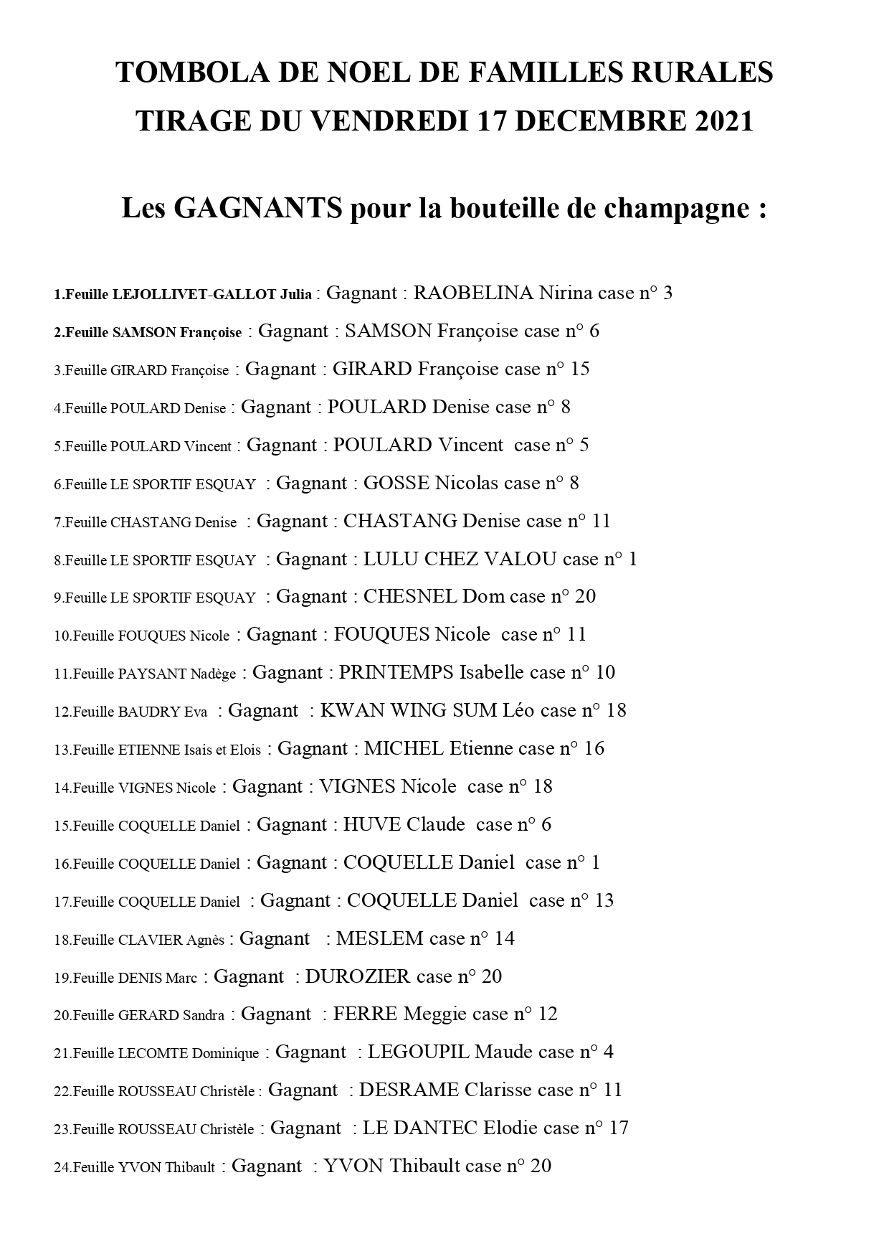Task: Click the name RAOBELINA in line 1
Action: pyautogui.click(x=473, y=293)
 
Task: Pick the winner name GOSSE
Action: pyautogui.click(x=396, y=483)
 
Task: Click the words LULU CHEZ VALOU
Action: pyautogui.click(x=460, y=559)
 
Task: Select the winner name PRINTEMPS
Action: pyautogui.click(x=396, y=673)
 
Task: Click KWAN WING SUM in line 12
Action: pyautogui.click(x=409, y=711)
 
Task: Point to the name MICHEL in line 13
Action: pyautogui.click(x=404, y=749)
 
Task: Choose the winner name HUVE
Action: pyautogui.click(x=371, y=825)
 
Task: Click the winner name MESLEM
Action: pyautogui.click(x=379, y=938)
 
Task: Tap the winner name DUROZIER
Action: pyautogui.click(x=358, y=976)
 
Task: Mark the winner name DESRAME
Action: pyautogui.click(x=409, y=1090)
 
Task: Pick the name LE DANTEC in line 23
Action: pyautogui.click(x=419, y=1128)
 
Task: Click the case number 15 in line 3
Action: pyautogui.click(x=579, y=369)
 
